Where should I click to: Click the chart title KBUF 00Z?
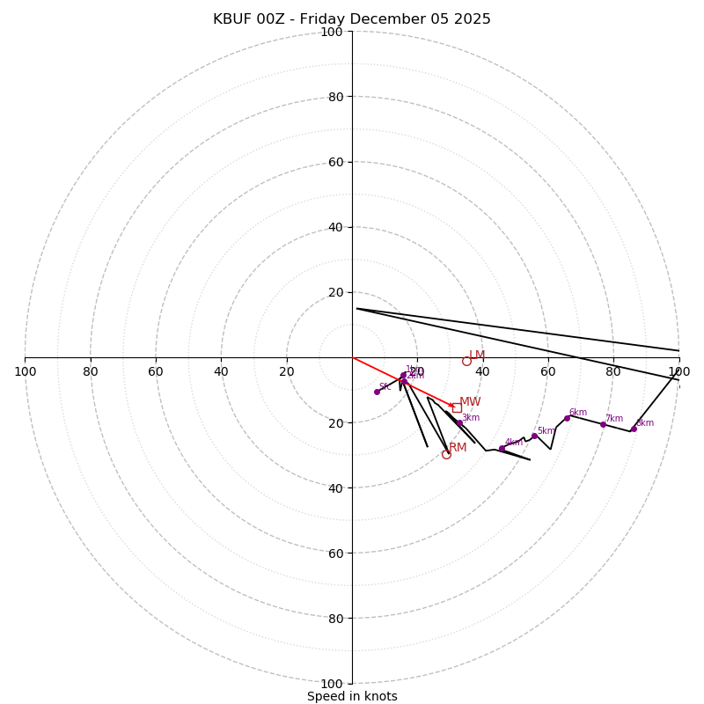click(352, 19)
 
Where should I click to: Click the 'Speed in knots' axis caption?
click(352, 696)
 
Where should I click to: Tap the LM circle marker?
click(466, 361)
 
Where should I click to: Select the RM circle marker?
click(446, 454)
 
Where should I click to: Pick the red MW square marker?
click(457, 407)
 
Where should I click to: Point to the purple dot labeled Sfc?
click(377, 392)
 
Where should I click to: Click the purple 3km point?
click(459, 422)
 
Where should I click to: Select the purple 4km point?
click(502, 449)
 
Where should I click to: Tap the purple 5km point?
click(534, 436)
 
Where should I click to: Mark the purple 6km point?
click(567, 418)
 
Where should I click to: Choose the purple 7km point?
click(603, 424)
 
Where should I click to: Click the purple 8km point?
click(634, 429)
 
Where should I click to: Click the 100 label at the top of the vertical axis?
click(332, 32)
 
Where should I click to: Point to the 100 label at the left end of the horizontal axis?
click(25, 371)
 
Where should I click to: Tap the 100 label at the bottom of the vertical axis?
click(332, 684)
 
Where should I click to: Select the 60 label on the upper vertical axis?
click(334, 162)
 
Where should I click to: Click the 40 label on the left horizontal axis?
click(221, 371)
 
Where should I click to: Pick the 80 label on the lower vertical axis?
click(334, 619)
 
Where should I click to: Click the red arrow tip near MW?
click(454, 407)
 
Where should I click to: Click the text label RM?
click(458, 447)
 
